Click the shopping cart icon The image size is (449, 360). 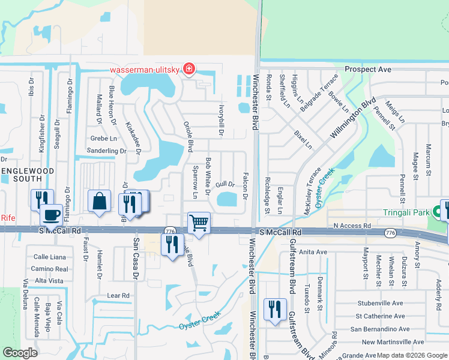pos(199,223)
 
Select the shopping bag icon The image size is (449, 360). pos(100,202)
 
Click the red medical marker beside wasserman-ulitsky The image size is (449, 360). pos(189,70)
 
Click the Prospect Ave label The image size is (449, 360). pos(367,70)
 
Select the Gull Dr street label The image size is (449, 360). pos(224,184)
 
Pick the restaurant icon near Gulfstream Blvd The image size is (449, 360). pos(275,309)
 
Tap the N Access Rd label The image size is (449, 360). pos(352,226)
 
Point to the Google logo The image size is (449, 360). pos(20,352)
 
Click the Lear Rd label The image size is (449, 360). pos(118,296)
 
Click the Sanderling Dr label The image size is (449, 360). pos(106,151)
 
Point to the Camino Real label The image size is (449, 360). pos(50,269)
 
